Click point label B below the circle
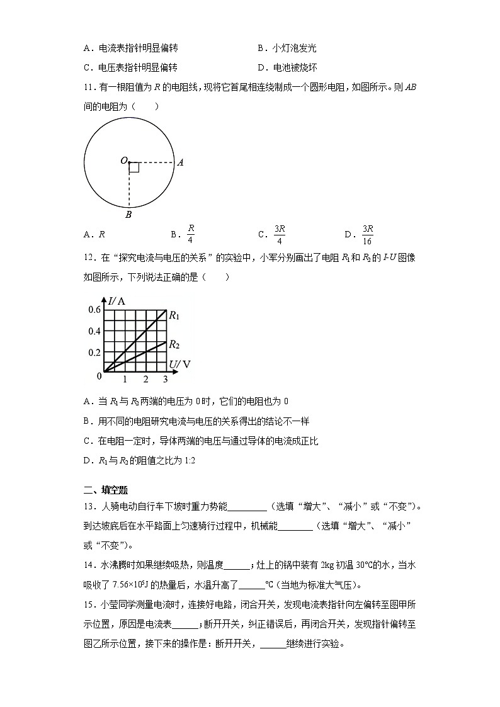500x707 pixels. [128, 215]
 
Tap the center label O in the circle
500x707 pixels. [123, 161]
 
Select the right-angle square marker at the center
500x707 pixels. [134, 167]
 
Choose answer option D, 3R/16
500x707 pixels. [368, 234]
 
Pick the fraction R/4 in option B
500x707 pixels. [191, 234]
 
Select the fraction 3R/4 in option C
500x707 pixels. [280, 234]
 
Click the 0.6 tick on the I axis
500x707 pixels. [94, 310]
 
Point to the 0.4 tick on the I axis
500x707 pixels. [94, 331]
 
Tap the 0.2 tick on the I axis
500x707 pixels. [94, 352]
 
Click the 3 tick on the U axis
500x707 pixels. [166, 379]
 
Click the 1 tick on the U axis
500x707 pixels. [125, 379]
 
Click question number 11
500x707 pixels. [88, 88]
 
